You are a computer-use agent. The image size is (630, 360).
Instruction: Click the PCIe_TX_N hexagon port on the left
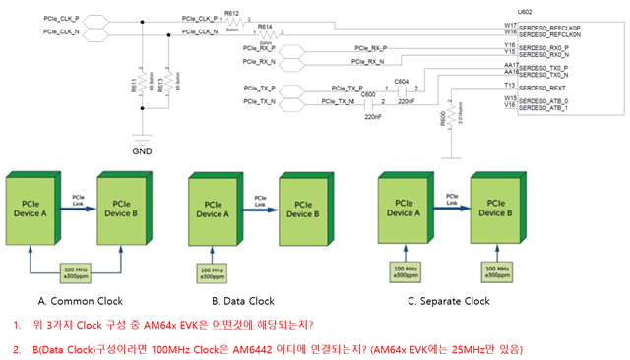(261, 101)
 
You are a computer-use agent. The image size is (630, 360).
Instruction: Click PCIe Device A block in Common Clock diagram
(35, 209)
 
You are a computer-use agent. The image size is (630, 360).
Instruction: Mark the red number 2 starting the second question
(17, 349)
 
